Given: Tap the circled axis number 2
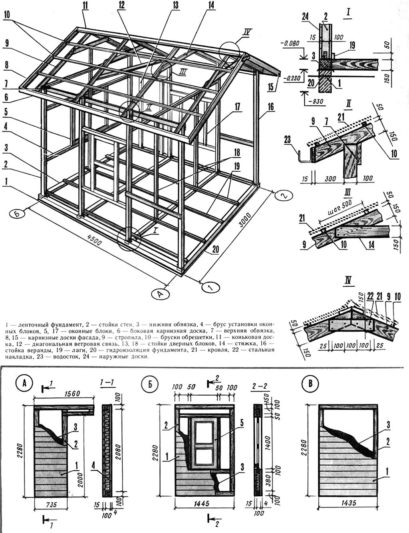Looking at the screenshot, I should click(283, 195).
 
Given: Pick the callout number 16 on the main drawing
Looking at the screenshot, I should click(271, 107).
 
